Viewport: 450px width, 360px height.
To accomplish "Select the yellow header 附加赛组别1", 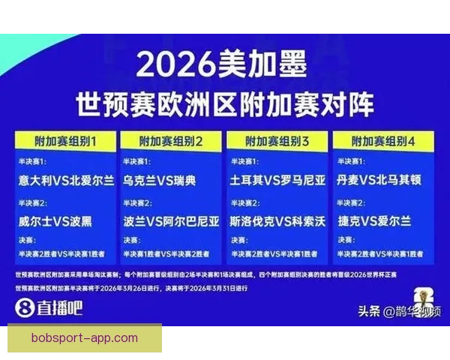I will click(65, 140).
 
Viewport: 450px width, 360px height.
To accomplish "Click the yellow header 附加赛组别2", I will click(172, 140).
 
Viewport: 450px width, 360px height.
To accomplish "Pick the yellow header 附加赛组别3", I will click(277, 140).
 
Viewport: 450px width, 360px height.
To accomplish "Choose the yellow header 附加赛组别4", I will click(384, 140).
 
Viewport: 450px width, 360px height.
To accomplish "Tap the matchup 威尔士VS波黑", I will click(57, 221).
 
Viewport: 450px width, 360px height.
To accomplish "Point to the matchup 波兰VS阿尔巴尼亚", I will click(172, 221).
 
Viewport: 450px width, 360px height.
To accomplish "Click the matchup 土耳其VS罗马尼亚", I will click(278, 181).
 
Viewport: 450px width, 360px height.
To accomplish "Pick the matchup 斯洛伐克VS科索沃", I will click(278, 221).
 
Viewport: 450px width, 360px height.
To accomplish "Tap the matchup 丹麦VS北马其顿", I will click(384, 181).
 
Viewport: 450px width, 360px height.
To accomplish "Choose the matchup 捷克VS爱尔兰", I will click(375, 221).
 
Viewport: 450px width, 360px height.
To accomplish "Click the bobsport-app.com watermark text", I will click(85, 338).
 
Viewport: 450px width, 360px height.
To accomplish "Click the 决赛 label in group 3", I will click(241, 241).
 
